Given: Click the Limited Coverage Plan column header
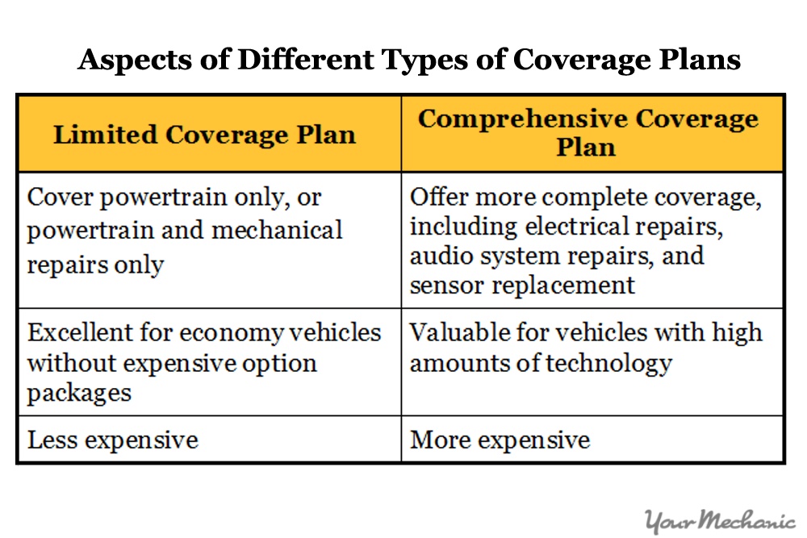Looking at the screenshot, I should [204, 134].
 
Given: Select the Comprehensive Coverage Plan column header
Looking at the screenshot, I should [587, 133].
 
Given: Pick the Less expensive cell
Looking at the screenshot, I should [112, 440].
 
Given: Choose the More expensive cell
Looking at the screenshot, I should [500, 440].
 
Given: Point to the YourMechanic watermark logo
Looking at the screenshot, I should [721, 521].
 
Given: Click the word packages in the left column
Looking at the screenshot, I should [78, 393].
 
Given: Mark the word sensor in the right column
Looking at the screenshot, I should [441, 285].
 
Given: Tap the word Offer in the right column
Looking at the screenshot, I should [436, 198].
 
